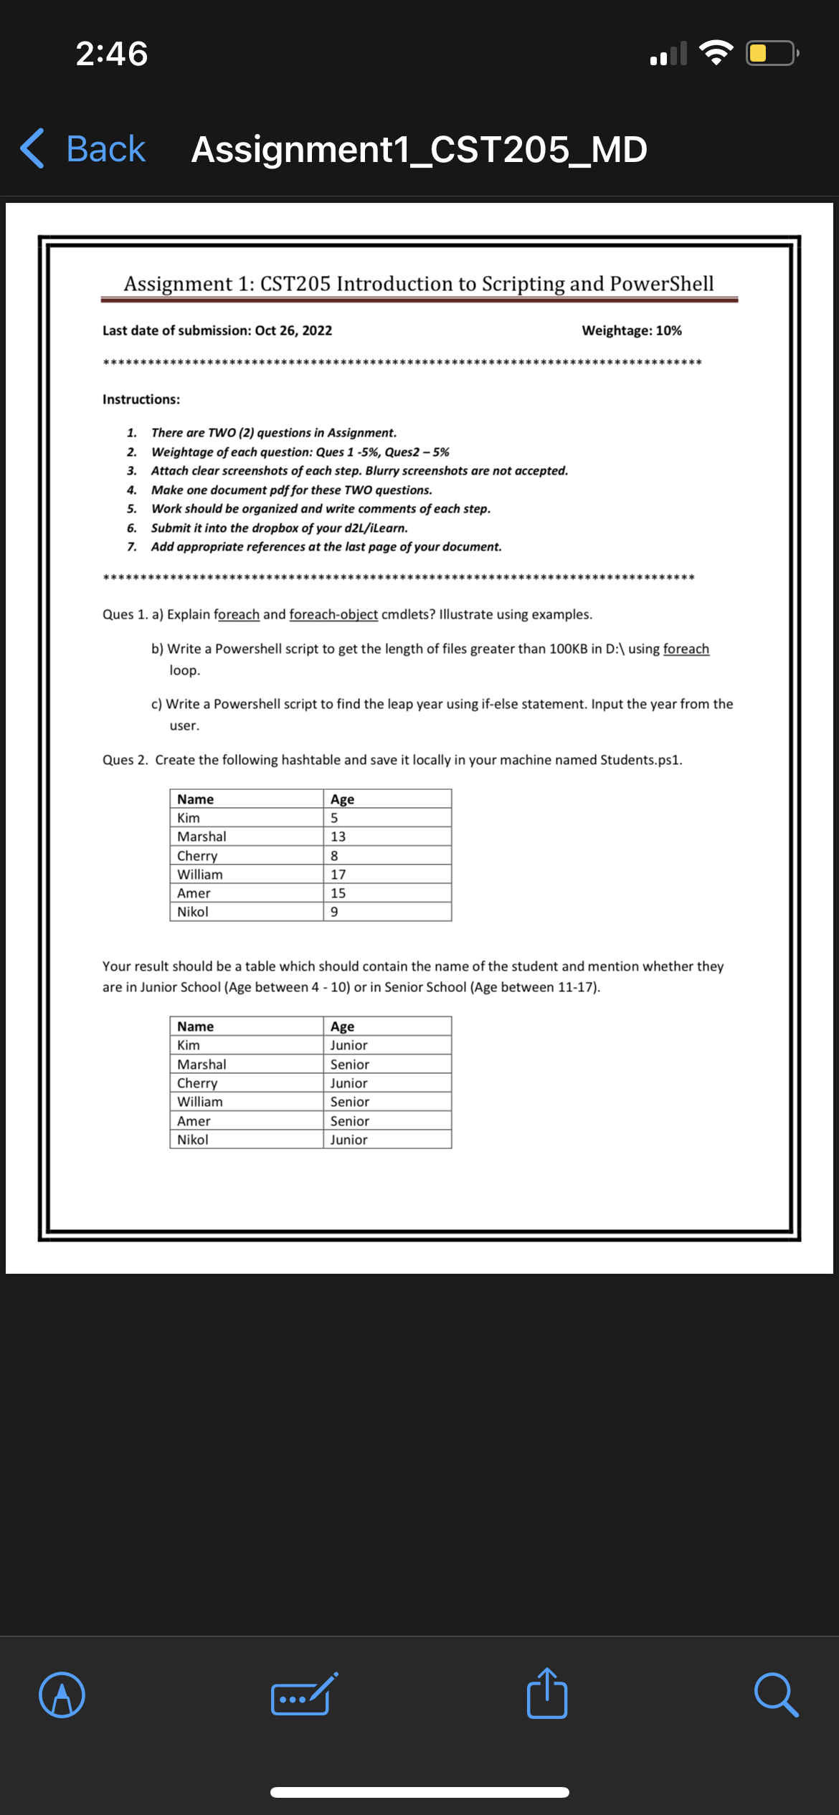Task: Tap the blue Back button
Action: (x=83, y=149)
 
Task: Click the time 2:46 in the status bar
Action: (x=112, y=54)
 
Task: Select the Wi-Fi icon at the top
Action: (x=716, y=53)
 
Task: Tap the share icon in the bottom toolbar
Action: (x=547, y=1694)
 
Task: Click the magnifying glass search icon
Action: (x=776, y=1695)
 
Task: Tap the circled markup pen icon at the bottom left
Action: (x=62, y=1695)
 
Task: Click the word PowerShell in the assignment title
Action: (x=661, y=284)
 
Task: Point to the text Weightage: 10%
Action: (x=631, y=330)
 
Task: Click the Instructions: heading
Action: (x=141, y=399)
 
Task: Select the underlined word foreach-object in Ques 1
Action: (x=333, y=614)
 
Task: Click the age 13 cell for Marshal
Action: (x=338, y=837)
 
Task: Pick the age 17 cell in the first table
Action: (x=338, y=875)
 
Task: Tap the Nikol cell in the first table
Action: (x=193, y=912)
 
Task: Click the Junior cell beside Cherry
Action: (x=349, y=1083)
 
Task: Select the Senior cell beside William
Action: (x=349, y=1102)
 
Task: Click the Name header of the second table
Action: (x=195, y=1026)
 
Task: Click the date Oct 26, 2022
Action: (x=293, y=330)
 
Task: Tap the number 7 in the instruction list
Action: (x=132, y=547)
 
